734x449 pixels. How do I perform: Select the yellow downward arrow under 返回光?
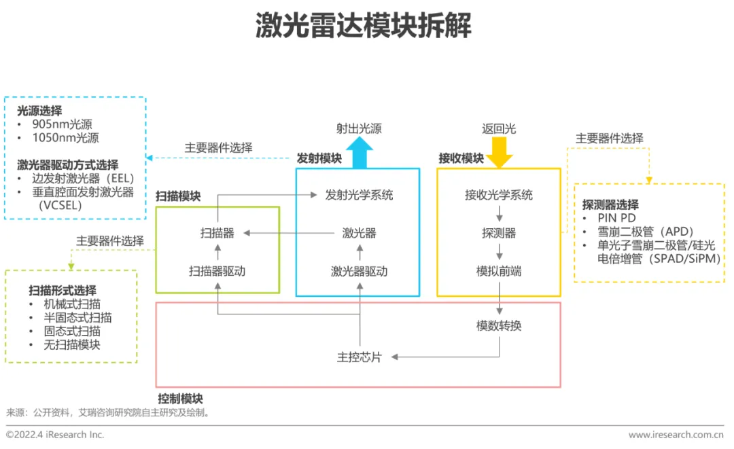point(500,152)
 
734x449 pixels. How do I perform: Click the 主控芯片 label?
point(359,357)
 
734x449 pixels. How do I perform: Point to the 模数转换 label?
point(499,326)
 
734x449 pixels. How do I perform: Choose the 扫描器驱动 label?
point(217,271)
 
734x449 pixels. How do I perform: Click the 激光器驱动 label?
point(359,271)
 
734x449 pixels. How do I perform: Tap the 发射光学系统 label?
point(359,195)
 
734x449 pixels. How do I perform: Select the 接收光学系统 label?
point(499,195)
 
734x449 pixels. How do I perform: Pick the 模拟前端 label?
point(499,271)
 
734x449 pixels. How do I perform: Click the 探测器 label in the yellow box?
point(499,233)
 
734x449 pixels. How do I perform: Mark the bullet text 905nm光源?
point(62,124)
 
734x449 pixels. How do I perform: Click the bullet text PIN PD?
point(617,218)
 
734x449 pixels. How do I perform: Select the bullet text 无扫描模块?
point(72,344)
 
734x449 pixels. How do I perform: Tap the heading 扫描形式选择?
point(62,290)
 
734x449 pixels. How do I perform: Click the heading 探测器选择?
point(610,204)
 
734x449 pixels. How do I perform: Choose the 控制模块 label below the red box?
point(180,399)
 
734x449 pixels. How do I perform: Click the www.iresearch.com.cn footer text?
point(676,435)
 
